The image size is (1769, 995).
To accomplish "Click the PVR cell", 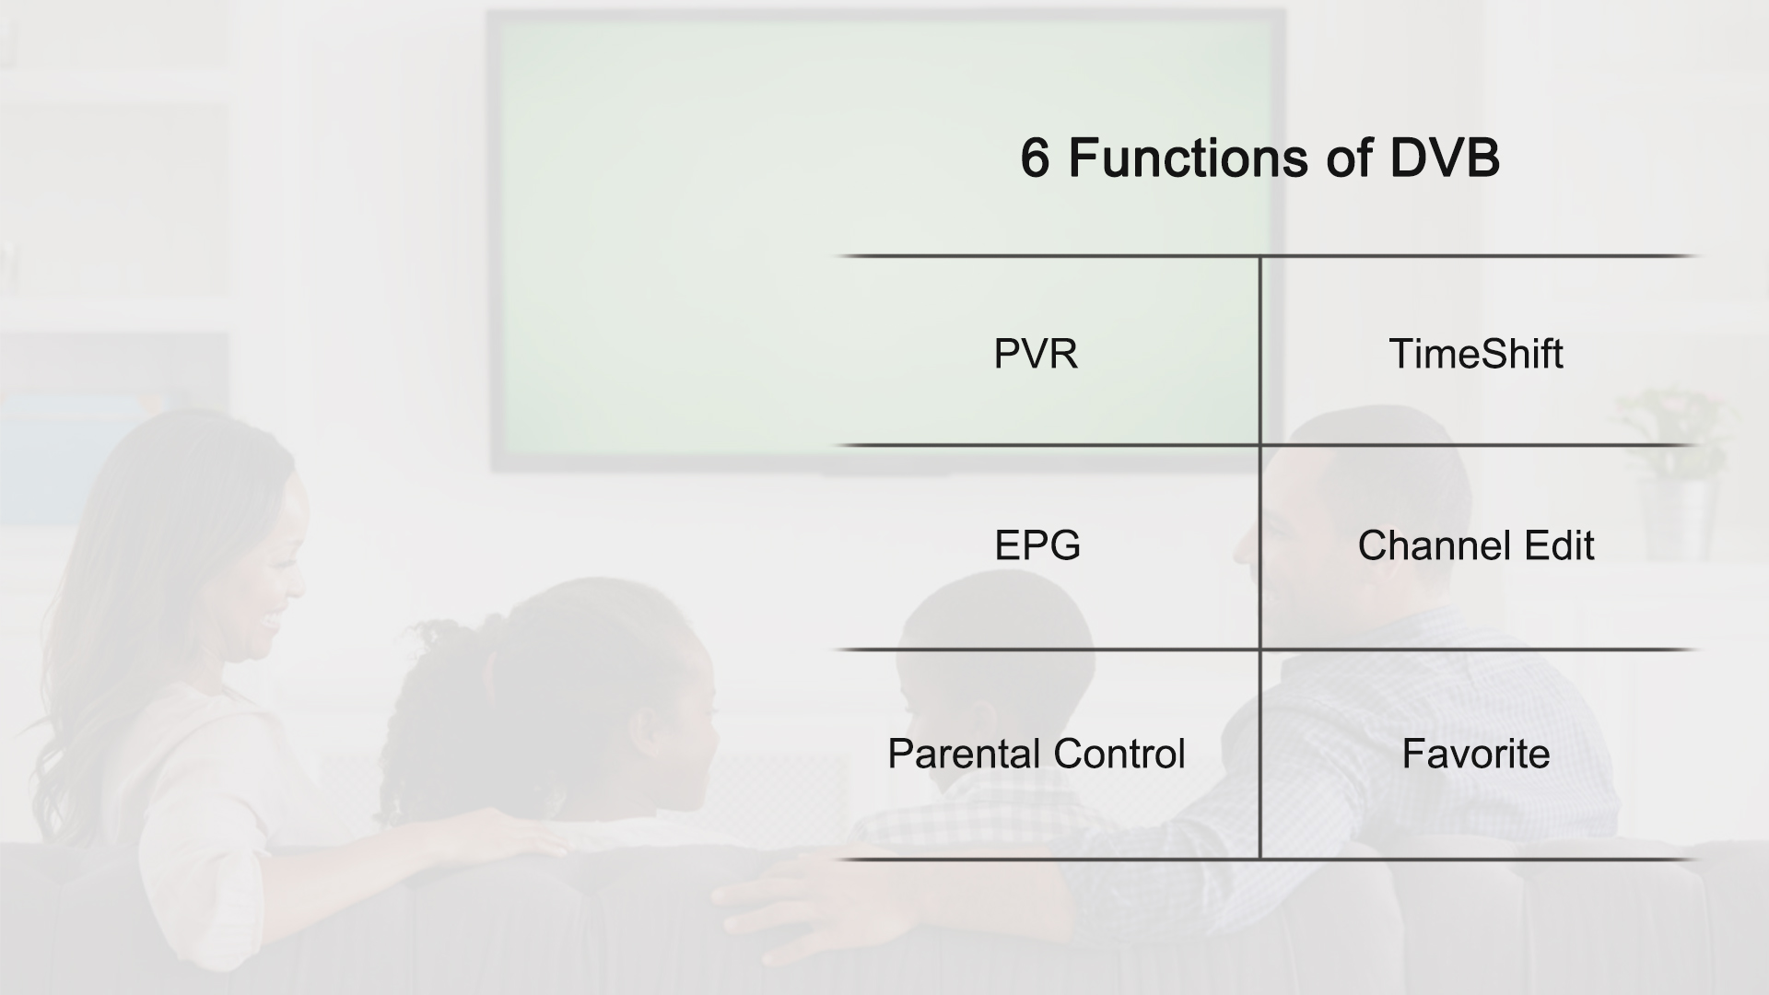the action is pos(1036,354).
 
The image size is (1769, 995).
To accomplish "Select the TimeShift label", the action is pos(1475,354).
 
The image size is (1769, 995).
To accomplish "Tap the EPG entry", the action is pos(1037,545).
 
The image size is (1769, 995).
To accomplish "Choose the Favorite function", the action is pos(1475,754).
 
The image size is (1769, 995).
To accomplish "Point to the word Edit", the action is pos(1559,545).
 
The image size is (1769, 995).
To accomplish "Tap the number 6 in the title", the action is pos(1035,158).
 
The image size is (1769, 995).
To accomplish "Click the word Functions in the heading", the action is pos(1189,158).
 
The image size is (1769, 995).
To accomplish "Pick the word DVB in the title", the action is pos(1445,158).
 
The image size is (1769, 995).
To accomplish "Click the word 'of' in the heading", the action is pos(1349,158).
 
